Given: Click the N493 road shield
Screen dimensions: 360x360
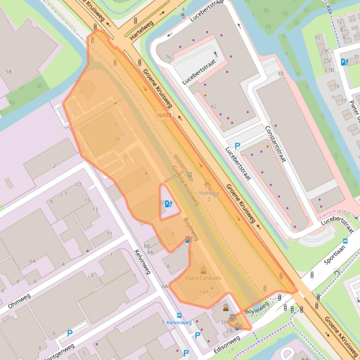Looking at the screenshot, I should pos(164,115).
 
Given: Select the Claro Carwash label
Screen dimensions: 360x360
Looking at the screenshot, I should pos(203,278).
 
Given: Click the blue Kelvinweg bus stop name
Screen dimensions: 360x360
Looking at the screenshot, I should pos(179,323).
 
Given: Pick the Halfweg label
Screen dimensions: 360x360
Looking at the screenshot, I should pos(209,193).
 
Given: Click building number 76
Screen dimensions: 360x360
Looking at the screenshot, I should pos(169,58).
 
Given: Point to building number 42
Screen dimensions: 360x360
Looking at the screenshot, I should pos(214,107).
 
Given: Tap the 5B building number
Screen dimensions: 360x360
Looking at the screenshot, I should pos(8,72).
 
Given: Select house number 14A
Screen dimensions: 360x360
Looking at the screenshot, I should pos(204,292).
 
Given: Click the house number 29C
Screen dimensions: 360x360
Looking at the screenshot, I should pos(325,50).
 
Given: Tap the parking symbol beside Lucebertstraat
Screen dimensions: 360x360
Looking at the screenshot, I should pos(237,146).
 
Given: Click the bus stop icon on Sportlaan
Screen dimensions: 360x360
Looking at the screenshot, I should pos(345,241).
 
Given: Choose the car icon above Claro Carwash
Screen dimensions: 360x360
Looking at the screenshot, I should pos(203,270).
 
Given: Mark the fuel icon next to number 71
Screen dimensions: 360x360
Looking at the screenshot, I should pos(345,61).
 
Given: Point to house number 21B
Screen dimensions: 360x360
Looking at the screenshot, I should pos(330,70).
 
